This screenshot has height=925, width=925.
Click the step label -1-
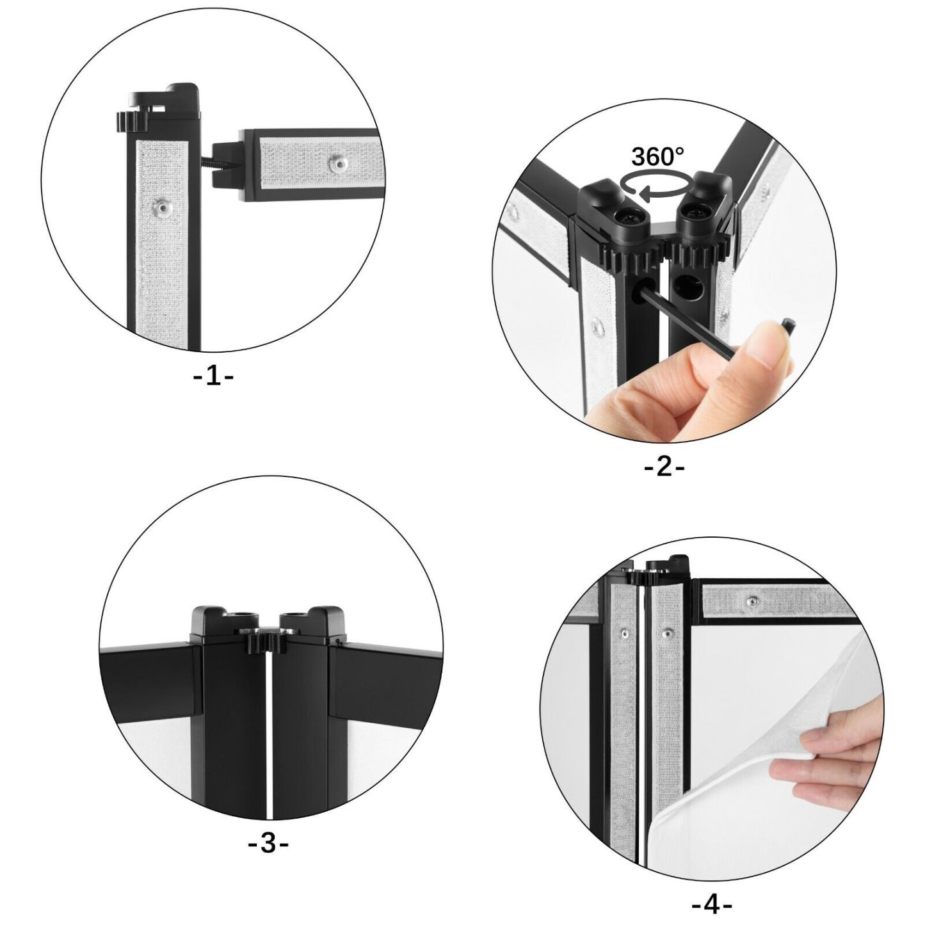(x=213, y=376)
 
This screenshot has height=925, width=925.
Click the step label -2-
(x=663, y=467)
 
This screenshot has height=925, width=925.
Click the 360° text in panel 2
(x=657, y=156)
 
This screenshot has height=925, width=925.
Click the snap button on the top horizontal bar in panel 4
(x=752, y=601)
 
